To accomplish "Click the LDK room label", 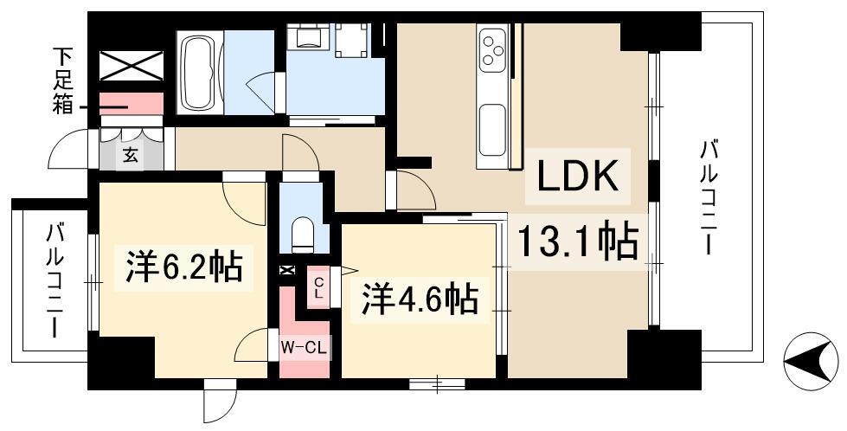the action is [577, 176].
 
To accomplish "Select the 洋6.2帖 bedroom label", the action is [183, 265].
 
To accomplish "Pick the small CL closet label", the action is [318, 288].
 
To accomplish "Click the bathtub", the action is [200, 73].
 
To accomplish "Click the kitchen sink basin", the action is [492, 130].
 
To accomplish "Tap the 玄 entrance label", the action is [132, 156].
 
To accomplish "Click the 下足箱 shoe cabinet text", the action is [62, 81].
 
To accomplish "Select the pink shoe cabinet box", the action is [132, 103].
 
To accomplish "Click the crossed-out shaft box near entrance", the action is [132, 66].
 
